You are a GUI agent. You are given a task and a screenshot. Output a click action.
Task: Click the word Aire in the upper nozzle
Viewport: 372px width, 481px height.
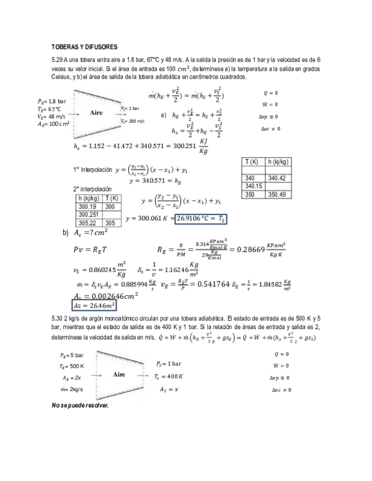(x=96, y=113)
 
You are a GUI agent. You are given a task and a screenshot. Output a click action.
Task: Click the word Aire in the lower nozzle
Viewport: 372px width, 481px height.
(x=119, y=374)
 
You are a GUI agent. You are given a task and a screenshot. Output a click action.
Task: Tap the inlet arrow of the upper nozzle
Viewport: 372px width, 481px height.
(x=74, y=115)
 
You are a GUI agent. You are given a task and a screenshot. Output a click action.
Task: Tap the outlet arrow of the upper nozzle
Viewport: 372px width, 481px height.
(x=119, y=114)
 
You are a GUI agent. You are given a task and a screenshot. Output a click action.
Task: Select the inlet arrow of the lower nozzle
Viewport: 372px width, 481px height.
(x=96, y=376)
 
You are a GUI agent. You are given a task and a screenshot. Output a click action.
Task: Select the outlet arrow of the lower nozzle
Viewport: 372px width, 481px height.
(x=142, y=376)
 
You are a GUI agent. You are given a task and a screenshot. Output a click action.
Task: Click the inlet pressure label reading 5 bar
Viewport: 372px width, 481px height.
(x=72, y=356)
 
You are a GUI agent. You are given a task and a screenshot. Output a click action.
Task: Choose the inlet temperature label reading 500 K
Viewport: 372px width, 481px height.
(x=72, y=367)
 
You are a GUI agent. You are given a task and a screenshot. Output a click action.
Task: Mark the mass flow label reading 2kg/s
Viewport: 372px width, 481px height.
(x=72, y=389)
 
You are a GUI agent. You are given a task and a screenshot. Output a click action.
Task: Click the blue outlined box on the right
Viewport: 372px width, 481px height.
(x=201, y=219)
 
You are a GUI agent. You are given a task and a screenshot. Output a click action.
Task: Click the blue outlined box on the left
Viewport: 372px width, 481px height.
(x=94, y=305)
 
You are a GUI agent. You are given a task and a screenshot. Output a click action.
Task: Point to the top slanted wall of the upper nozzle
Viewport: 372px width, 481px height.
(x=98, y=96)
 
